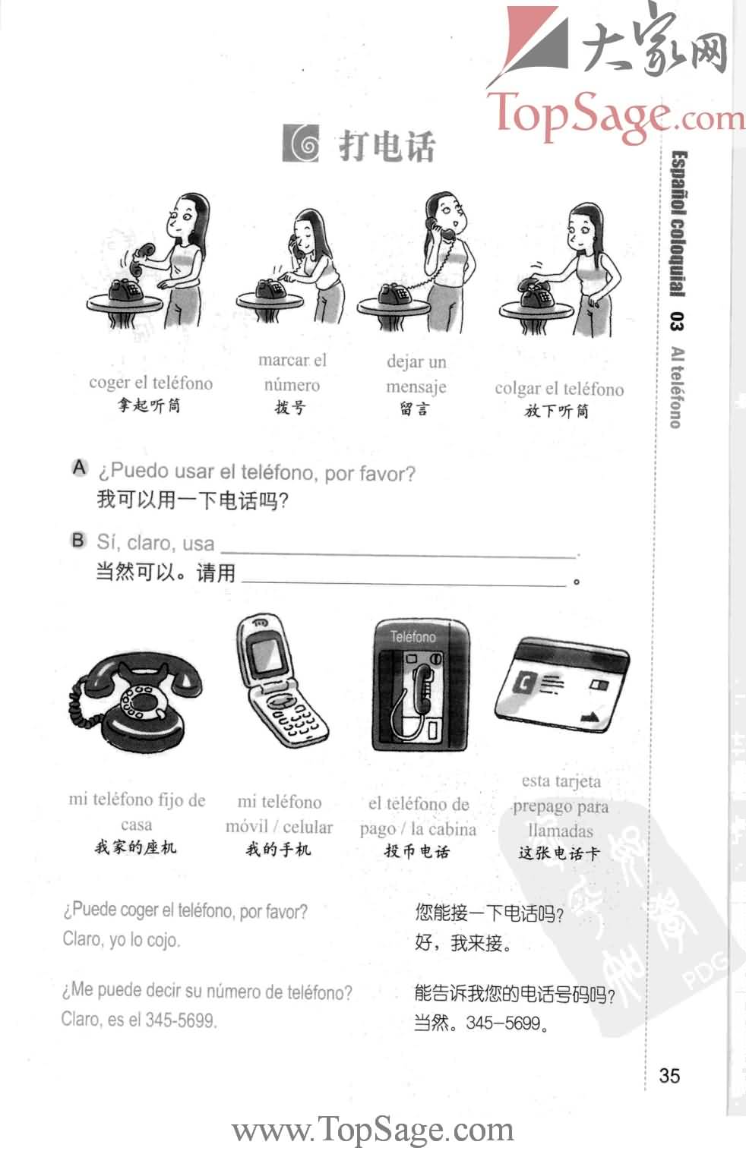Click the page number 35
coord(669,1075)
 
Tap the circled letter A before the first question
coord(79,468)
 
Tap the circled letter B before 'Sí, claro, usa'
coord(78,541)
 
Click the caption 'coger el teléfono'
coord(150,383)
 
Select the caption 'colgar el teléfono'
coord(559,389)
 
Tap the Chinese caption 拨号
coord(290,408)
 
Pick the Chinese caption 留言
coord(415,409)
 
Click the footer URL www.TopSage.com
coord(372,1129)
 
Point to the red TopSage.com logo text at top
coord(615,114)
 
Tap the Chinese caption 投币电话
coord(417,851)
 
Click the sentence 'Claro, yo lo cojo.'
coord(122,940)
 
